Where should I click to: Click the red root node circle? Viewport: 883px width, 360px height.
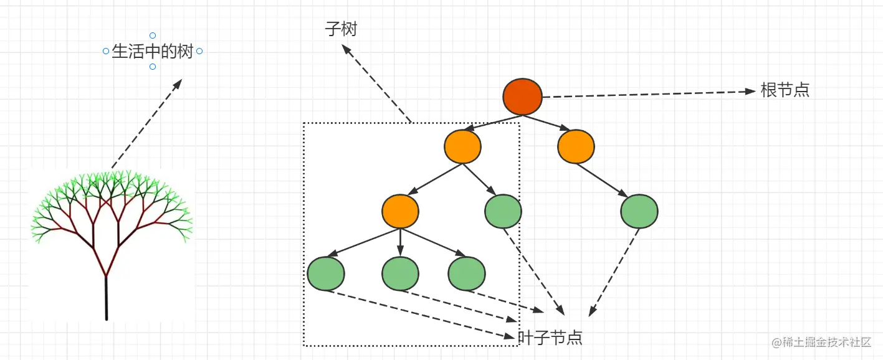coord(523,97)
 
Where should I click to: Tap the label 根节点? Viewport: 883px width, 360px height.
coord(785,90)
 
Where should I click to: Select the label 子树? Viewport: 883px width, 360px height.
coord(341,29)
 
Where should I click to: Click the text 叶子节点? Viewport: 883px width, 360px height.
coord(550,338)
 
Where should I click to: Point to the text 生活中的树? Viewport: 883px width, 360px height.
coord(152,52)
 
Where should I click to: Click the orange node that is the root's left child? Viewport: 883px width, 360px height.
coord(462,146)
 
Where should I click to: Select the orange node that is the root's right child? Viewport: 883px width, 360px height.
coord(576,146)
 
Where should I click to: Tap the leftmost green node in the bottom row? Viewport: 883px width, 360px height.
coord(326,273)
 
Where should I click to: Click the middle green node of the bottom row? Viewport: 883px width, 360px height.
coord(400,273)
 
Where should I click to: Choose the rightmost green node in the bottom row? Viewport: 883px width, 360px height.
coord(466,273)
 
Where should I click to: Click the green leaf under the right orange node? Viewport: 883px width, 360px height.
coord(639,212)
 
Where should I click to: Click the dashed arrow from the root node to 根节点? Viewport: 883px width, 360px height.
coord(648,94)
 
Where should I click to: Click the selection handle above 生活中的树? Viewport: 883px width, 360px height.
coord(153,36)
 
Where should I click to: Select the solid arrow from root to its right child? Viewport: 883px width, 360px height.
coord(551,123)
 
